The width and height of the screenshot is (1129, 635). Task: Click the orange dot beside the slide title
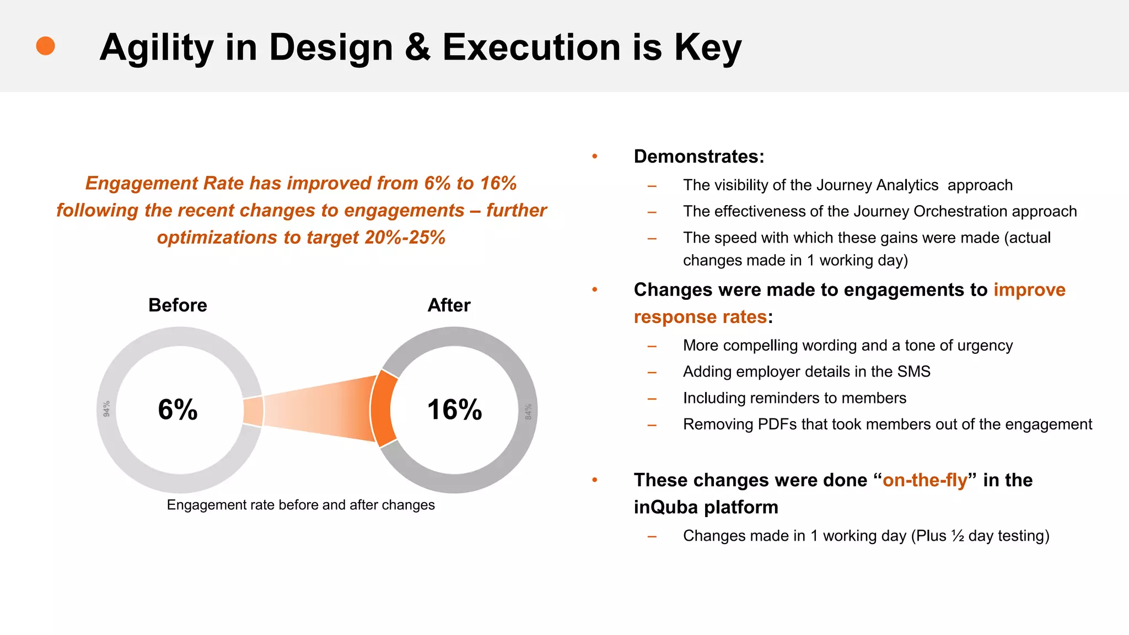45,46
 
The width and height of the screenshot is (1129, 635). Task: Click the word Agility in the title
156,48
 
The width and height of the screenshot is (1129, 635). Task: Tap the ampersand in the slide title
418,47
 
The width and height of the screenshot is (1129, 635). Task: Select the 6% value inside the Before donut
178,410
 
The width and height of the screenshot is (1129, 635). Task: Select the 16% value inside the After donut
454,410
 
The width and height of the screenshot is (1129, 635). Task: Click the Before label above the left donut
178,305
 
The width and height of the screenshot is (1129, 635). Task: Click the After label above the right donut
449,305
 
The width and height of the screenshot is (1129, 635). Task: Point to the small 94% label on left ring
106,408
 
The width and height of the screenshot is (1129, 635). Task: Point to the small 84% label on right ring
528,411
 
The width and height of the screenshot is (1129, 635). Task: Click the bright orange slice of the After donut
381,409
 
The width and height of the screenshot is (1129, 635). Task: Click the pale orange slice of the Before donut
253,411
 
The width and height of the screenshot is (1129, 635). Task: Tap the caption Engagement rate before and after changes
300,505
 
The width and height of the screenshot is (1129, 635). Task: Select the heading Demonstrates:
699,157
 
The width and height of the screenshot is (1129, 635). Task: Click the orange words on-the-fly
924,480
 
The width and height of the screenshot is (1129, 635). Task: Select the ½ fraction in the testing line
958,536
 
